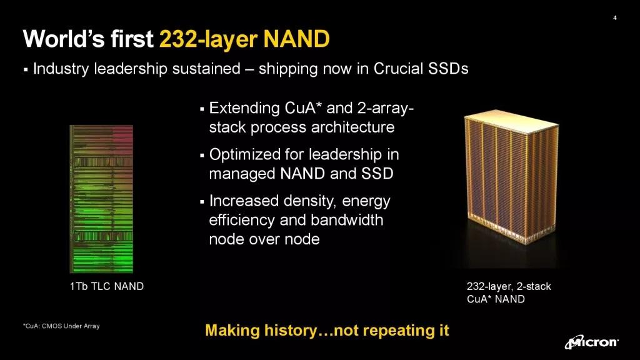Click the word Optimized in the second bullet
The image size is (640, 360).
[x=242, y=155]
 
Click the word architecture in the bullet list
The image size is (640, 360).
[x=357, y=127]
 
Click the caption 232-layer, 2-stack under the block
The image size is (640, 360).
[x=509, y=287]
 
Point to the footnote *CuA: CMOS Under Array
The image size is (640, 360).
[x=61, y=326]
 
